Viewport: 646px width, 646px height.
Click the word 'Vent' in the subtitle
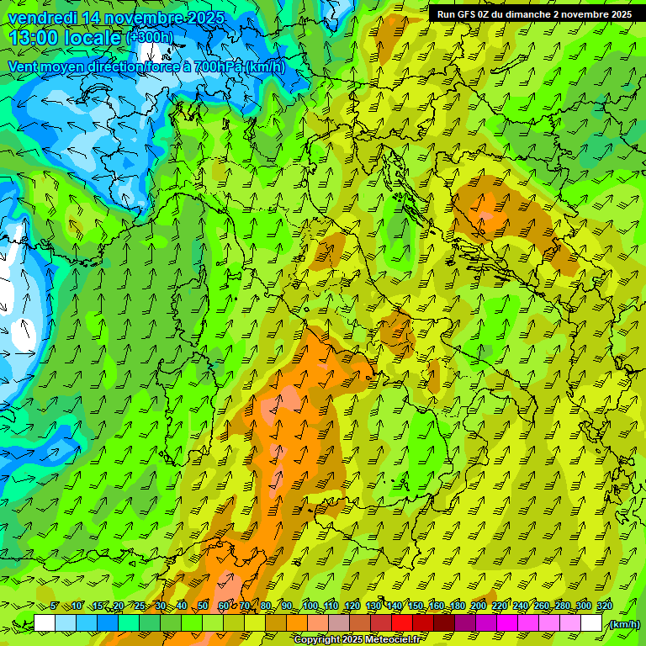point(24,66)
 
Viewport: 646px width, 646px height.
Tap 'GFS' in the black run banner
point(465,14)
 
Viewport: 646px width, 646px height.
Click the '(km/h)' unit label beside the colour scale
point(624,624)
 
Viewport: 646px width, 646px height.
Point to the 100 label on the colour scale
point(310,606)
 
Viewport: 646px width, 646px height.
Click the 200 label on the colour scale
point(479,606)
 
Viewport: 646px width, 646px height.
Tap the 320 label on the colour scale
point(605,606)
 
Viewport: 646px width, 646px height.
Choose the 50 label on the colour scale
point(203,606)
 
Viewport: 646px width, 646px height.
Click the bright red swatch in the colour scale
point(402,623)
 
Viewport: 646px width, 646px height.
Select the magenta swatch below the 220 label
point(507,623)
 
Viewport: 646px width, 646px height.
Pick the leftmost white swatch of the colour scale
point(45,623)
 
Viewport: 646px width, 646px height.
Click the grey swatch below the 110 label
point(339,623)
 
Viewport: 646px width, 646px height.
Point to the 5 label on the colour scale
point(55,606)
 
